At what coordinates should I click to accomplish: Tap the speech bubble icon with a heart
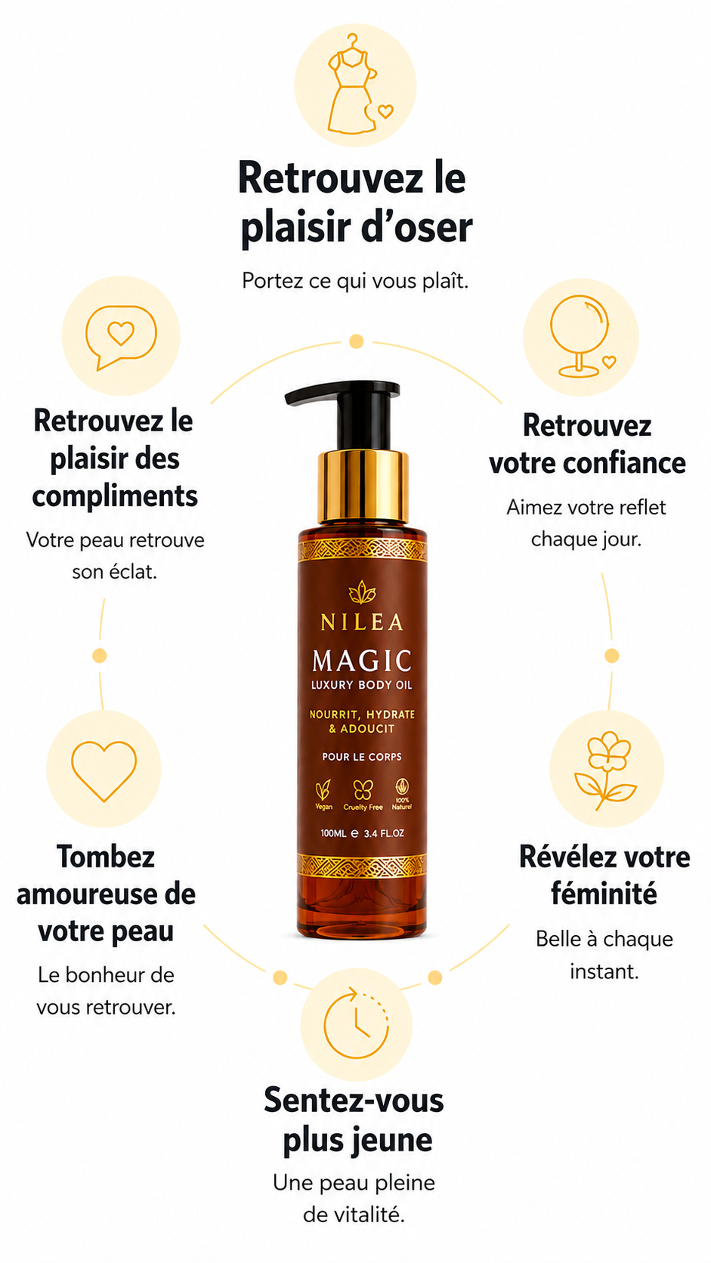(x=121, y=337)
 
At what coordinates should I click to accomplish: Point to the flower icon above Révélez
(x=606, y=770)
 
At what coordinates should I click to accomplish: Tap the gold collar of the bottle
(x=363, y=486)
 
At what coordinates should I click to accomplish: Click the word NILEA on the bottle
(x=362, y=622)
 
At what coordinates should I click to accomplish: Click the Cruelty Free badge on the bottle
(x=363, y=795)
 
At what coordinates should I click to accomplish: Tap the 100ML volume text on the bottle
(x=333, y=833)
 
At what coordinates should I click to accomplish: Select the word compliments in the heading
(x=115, y=497)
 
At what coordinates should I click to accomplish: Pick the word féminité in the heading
(x=604, y=894)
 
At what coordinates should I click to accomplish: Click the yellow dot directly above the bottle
(x=357, y=341)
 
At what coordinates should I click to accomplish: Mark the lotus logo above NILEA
(x=362, y=592)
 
